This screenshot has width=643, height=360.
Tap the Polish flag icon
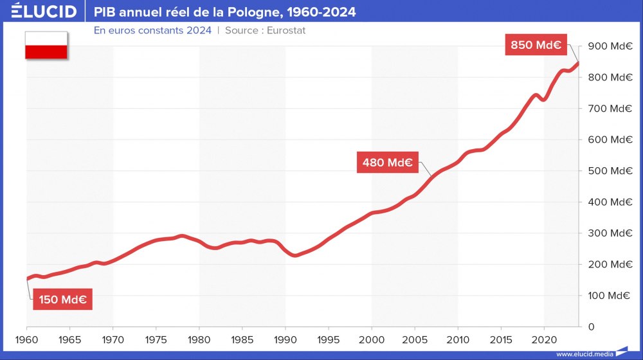(46, 45)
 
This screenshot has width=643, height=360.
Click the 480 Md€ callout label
(387, 162)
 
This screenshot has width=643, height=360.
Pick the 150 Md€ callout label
(62, 300)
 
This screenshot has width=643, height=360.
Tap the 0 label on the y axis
(591, 327)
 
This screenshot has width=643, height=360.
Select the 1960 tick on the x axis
(27, 339)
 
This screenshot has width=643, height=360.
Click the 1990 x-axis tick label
(285, 339)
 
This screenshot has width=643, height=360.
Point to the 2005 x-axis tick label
(415, 339)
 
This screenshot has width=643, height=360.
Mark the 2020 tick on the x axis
(544, 339)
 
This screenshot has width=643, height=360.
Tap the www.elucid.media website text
(584, 354)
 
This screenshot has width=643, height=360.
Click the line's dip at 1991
(294, 255)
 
